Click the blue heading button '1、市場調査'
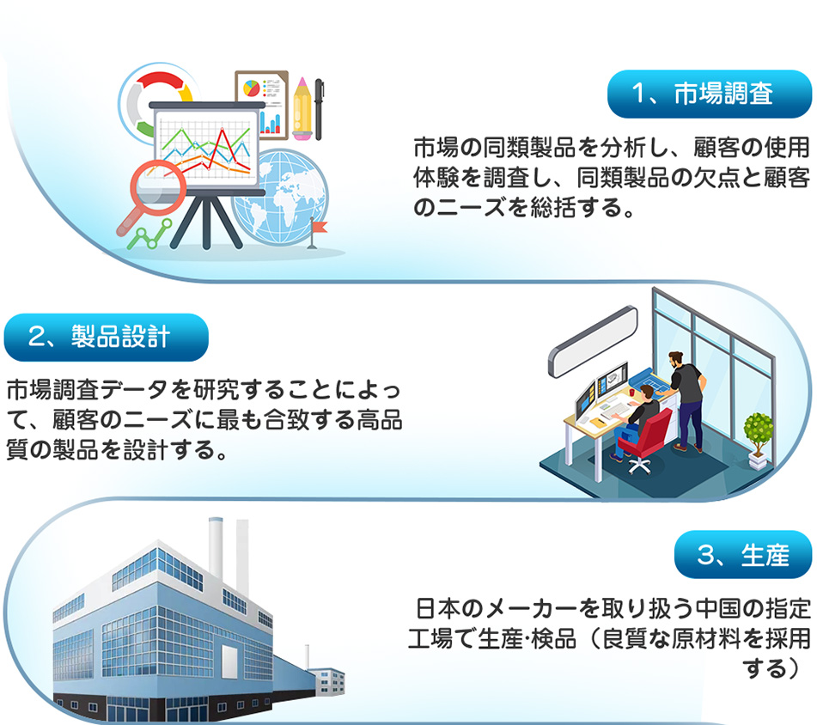pyautogui.click(x=710, y=94)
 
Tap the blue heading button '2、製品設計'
pyautogui.click(x=107, y=337)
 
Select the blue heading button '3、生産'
pyautogui.click(x=743, y=554)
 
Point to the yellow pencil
pyautogui.click(x=302, y=109)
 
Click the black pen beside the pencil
pyautogui.click(x=319, y=109)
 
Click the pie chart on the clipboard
pyautogui.click(x=253, y=88)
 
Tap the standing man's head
pyautogui.click(x=676, y=359)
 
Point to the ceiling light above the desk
pyautogui.click(x=593, y=341)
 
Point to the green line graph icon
pyautogui.click(x=149, y=235)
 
